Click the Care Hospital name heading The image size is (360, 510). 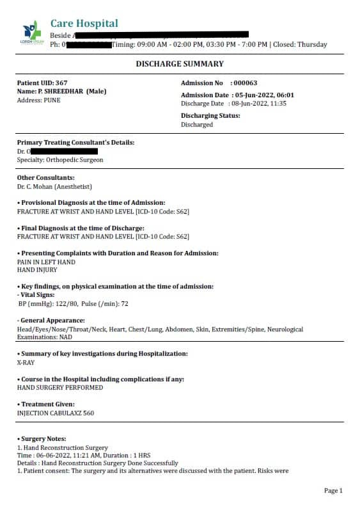point(84,24)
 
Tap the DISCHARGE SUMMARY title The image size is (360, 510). point(180,64)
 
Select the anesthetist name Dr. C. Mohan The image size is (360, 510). point(36,187)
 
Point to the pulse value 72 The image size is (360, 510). point(125,304)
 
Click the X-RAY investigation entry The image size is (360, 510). point(26,362)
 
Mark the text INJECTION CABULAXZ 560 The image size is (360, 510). point(56,413)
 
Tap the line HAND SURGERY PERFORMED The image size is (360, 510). point(59,388)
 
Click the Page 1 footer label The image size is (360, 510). point(333,491)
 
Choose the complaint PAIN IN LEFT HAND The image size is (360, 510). point(46,262)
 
